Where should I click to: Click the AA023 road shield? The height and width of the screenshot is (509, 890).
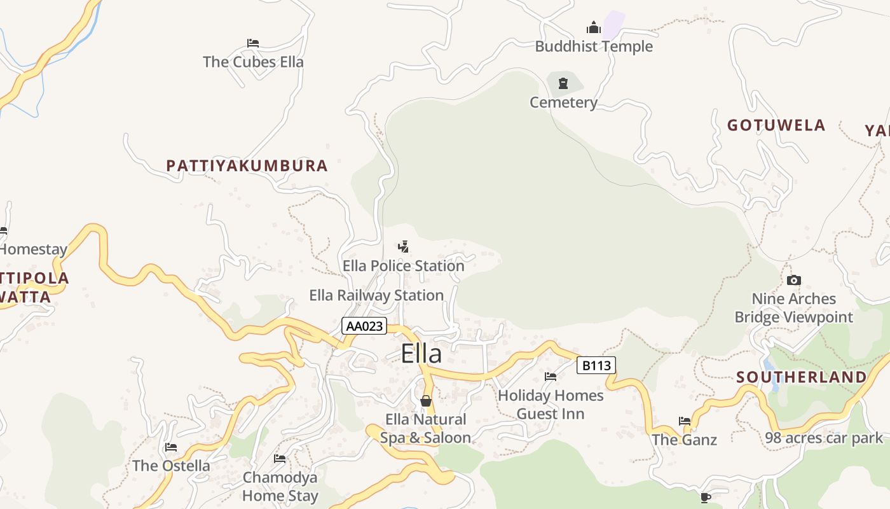point(364,326)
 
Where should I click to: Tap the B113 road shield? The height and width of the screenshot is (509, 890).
point(596,365)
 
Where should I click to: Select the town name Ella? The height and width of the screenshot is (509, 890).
point(421,354)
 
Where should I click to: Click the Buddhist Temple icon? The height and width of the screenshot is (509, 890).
point(594,27)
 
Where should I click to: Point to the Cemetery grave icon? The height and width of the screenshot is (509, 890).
point(563,83)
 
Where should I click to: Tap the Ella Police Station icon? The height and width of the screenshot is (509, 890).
point(403,246)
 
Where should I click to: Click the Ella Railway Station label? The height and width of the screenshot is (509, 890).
point(376,295)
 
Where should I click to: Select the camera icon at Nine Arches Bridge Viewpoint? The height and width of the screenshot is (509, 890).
point(793,280)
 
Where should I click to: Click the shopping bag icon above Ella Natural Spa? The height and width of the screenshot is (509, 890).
point(426,401)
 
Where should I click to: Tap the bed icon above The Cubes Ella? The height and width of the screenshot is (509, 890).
point(253,43)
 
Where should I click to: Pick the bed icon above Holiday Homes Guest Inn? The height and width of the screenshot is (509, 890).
point(551,377)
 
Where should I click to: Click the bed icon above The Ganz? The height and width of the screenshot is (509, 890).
point(685,421)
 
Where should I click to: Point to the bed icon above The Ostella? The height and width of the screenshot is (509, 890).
point(170,447)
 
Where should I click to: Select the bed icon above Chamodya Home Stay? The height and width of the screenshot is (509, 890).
point(280,458)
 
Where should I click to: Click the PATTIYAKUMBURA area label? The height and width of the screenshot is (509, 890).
point(247,166)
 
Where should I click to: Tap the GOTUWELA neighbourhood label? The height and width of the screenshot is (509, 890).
point(776,125)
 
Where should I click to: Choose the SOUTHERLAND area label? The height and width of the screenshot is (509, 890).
point(801,377)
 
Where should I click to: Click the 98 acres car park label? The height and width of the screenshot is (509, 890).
point(824,438)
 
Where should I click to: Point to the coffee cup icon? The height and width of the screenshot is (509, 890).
point(704,497)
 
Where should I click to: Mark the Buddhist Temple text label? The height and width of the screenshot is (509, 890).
point(594,46)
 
